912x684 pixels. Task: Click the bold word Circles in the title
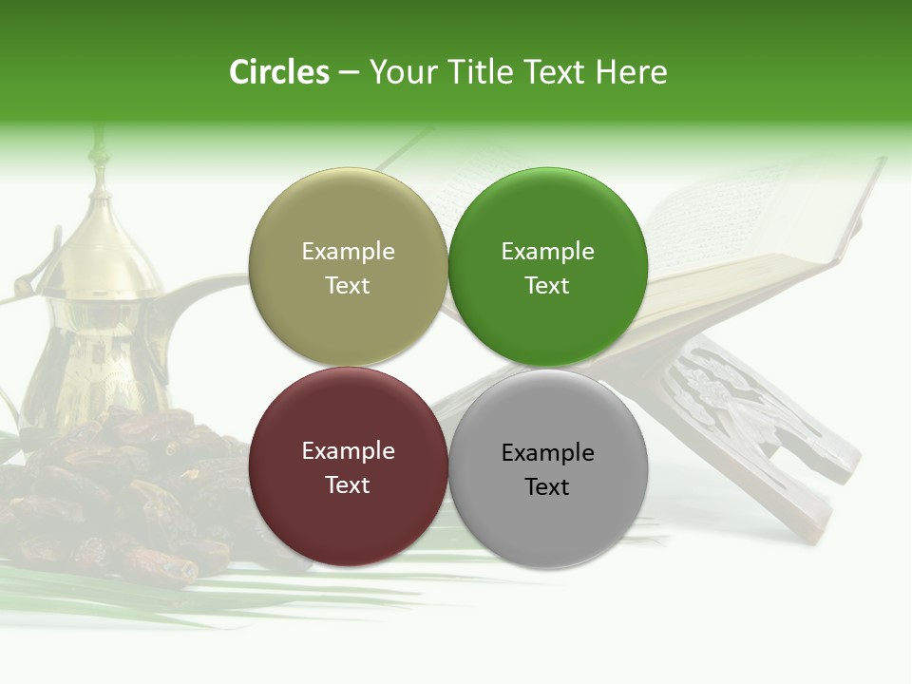pos(279,72)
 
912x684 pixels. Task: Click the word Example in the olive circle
pos(348,251)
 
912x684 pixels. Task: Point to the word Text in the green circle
pos(547,286)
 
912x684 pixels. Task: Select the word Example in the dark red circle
pos(348,450)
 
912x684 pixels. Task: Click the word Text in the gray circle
pos(547,487)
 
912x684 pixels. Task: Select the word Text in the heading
pos(555,72)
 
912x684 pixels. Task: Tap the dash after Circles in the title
pos(349,73)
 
